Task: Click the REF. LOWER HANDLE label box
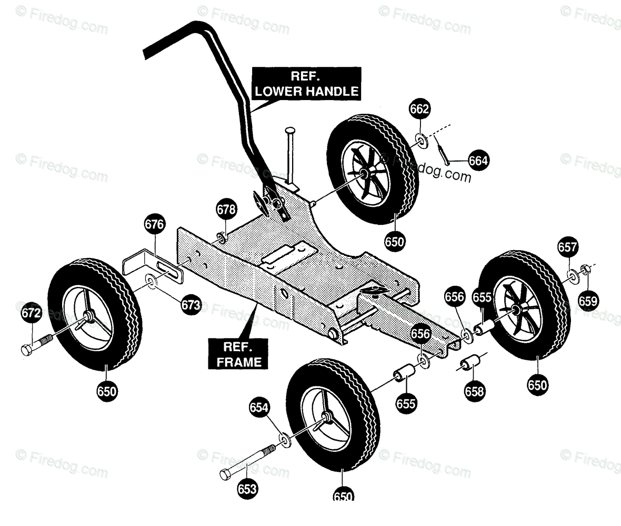[307, 83]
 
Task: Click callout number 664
[478, 160]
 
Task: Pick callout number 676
[154, 225]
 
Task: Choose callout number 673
[191, 305]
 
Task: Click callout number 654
[259, 408]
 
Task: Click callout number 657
[568, 247]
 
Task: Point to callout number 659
[588, 301]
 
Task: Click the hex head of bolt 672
[27, 349]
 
